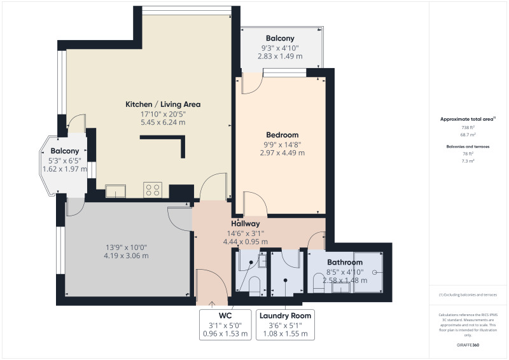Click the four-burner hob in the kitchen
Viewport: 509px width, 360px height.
click(153, 190)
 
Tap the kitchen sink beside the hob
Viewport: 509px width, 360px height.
click(116, 191)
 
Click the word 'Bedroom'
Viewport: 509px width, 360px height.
click(282, 135)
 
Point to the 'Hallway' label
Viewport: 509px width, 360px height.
click(245, 224)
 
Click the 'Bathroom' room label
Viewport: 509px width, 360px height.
click(345, 262)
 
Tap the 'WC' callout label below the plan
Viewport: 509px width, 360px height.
click(225, 315)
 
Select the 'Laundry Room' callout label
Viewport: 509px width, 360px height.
click(285, 315)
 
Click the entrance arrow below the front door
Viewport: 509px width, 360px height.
click(212, 303)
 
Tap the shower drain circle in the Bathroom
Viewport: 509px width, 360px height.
click(375, 272)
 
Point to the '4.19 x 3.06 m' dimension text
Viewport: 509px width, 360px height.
click(127, 256)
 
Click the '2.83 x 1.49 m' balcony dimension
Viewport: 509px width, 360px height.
click(280, 57)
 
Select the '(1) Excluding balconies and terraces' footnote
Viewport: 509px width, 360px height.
click(468, 294)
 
